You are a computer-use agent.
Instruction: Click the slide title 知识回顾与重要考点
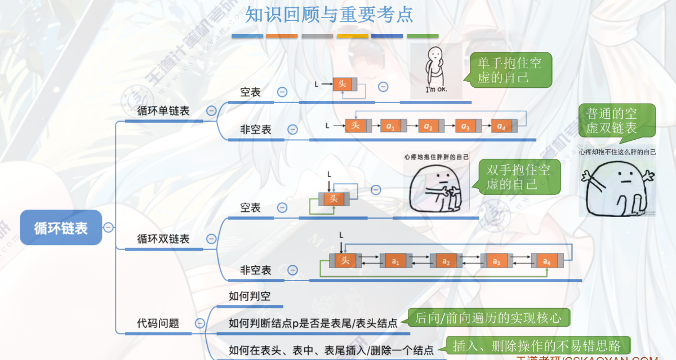pyautogui.click(x=329, y=15)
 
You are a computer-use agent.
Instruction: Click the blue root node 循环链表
pyautogui.click(x=61, y=228)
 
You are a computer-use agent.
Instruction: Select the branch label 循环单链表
pyautogui.click(x=163, y=111)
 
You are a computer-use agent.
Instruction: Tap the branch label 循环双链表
pyautogui.click(x=163, y=239)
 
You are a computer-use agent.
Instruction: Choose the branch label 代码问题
pyautogui.click(x=158, y=323)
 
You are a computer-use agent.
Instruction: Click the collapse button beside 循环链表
pyautogui.click(x=109, y=228)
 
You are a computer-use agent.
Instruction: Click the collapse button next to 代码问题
pyautogui.click(x=199, y=323)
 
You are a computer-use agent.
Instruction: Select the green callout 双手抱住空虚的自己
pyautogui.click(x=519, y=177)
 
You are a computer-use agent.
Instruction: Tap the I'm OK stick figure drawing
pyautogui.click(x=436, y=70)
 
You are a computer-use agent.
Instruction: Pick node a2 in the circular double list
pyautogui.click(x=446, y=261)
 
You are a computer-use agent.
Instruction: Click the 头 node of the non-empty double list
pyautogui.click(x=345, y=261)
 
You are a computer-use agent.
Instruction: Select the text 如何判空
pyautogui.click(x=250, y=296)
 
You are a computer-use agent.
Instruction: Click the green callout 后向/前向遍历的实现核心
pyautogui.click(x=488, y=318)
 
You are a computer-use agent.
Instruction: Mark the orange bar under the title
pyautogui.click(x=282, y=36)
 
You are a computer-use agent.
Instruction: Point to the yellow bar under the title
pyautogui.click(x=352, y=36)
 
